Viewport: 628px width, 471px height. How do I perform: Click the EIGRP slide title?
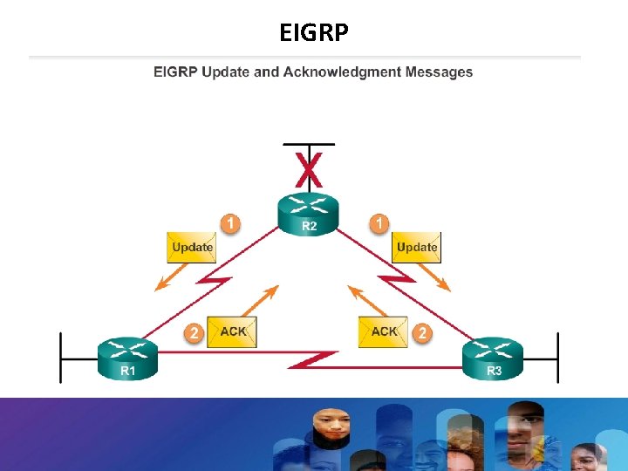pyautogui.click(x=314, y=32)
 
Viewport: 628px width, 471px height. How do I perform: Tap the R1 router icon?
pyautogui.click(x=128, y=358)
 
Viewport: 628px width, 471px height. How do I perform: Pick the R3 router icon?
pyautogui.click(x=493, y=358)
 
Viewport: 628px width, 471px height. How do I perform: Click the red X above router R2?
pyautogui.click(x=308, y=170)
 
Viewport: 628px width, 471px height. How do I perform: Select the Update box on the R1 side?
pyautogui.click(x=192, y=247)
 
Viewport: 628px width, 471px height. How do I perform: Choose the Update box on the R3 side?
pyautogui.click(x=416, y=247)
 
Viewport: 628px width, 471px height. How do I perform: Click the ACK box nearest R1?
pyautogui.click(x=232, y=331)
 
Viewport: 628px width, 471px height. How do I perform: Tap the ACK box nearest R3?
pyautogui.click(x=383, y=331)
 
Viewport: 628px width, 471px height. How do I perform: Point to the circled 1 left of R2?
pyautogui.click(x=229, y=224)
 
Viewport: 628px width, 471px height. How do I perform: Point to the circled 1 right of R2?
pyautogui.click(x=379, y=224)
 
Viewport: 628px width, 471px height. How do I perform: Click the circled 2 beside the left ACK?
pyautogui.click(x=195, y=332)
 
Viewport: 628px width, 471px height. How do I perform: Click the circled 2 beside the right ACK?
pyautogui.click(x=422, y=332)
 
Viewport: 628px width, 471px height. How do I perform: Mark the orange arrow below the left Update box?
pyautogui.click(x=171, y=278)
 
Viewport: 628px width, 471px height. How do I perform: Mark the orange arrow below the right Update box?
pyautogui.click(x=435, y=278)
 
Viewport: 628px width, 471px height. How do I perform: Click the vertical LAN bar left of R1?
pyautogui.click(x=60, y=357)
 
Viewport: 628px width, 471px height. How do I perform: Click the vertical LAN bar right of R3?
pyautogui.click(x=557, y=357)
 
